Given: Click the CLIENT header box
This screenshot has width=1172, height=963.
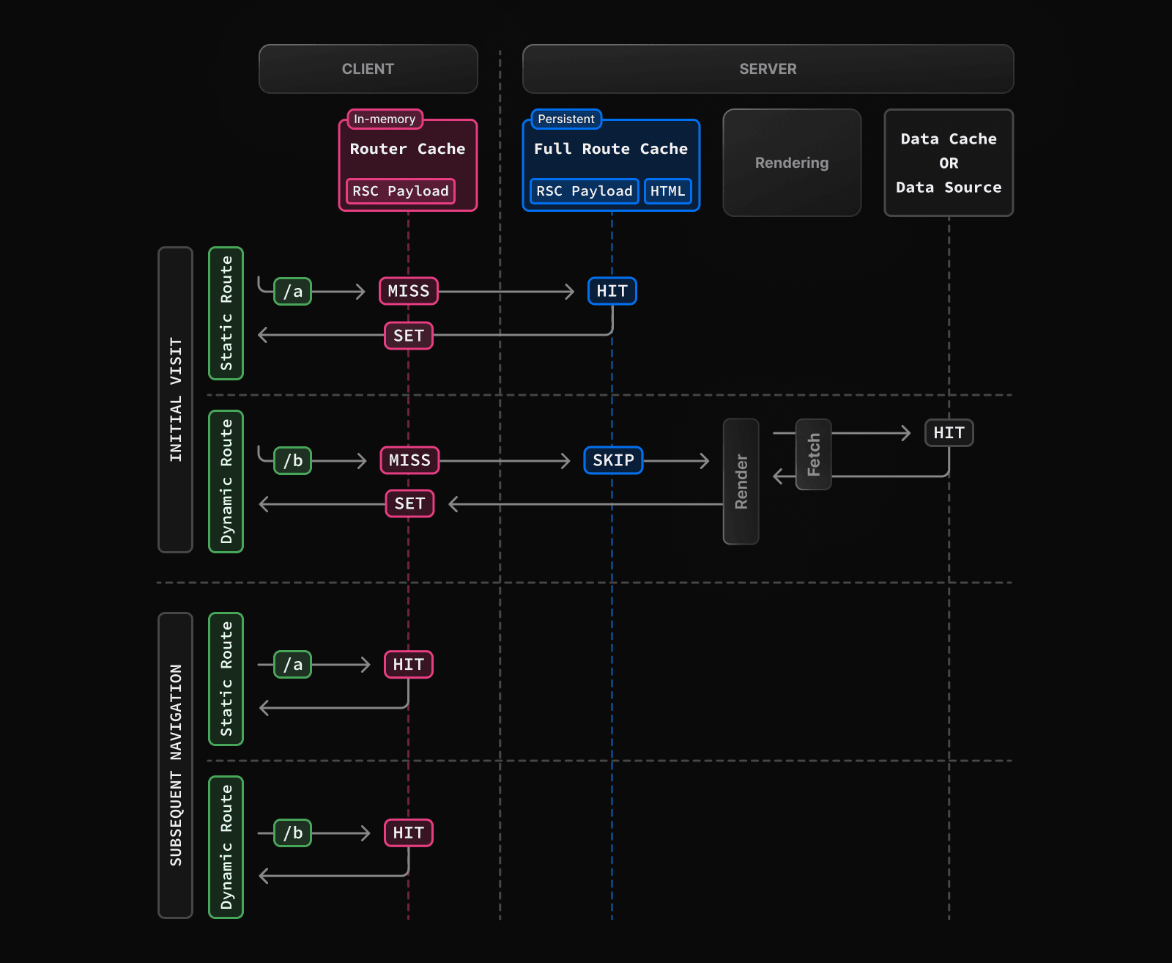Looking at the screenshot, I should [368, 69].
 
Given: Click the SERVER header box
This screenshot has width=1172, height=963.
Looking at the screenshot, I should [768, 69].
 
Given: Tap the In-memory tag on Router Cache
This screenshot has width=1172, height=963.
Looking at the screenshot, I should [385, 119].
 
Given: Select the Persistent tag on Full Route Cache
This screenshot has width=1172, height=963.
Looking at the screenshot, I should [565, 119].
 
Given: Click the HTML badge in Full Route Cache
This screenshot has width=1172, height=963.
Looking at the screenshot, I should [667, 191].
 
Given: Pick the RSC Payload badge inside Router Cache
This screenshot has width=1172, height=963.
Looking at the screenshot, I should [400, 191].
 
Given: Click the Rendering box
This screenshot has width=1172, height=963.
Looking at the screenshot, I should [791, 163].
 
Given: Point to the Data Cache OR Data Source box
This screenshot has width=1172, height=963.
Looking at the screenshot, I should [949, 163].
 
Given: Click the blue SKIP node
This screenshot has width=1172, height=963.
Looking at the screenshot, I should [613, 460].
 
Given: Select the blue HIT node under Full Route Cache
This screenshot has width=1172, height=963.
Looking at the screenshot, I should [612, 291].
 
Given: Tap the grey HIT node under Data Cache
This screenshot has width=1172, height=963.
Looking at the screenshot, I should [949, 432].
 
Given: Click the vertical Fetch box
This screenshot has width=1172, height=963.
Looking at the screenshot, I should [813, 454].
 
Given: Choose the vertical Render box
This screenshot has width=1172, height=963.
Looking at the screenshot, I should [741, 481].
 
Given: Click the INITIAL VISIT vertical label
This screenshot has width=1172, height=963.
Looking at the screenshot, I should [175, 399].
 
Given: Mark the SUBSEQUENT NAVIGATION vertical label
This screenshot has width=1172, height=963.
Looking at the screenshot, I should [175, 765].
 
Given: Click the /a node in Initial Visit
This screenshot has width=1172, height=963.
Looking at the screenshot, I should [292, 291].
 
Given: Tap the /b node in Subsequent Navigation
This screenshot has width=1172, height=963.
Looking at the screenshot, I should [292, 833].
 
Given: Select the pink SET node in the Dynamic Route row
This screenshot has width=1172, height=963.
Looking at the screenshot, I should [409, 503].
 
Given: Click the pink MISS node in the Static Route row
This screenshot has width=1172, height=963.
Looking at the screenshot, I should [409, 291].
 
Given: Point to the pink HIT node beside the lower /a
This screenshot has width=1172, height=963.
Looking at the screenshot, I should [409, 664].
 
